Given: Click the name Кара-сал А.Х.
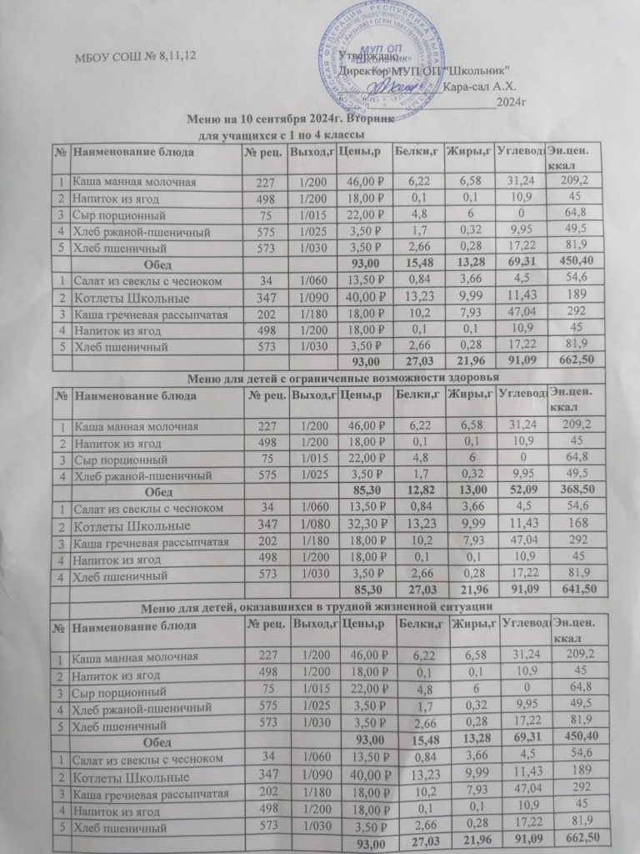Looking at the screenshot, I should point(481,86).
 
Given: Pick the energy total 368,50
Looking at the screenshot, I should point(574,490).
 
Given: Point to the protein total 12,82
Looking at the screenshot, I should point(417,490).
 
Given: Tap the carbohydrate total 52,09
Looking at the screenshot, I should point(520,490).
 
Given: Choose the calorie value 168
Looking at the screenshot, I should point(575,525).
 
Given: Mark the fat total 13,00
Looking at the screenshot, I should point(468,490).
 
